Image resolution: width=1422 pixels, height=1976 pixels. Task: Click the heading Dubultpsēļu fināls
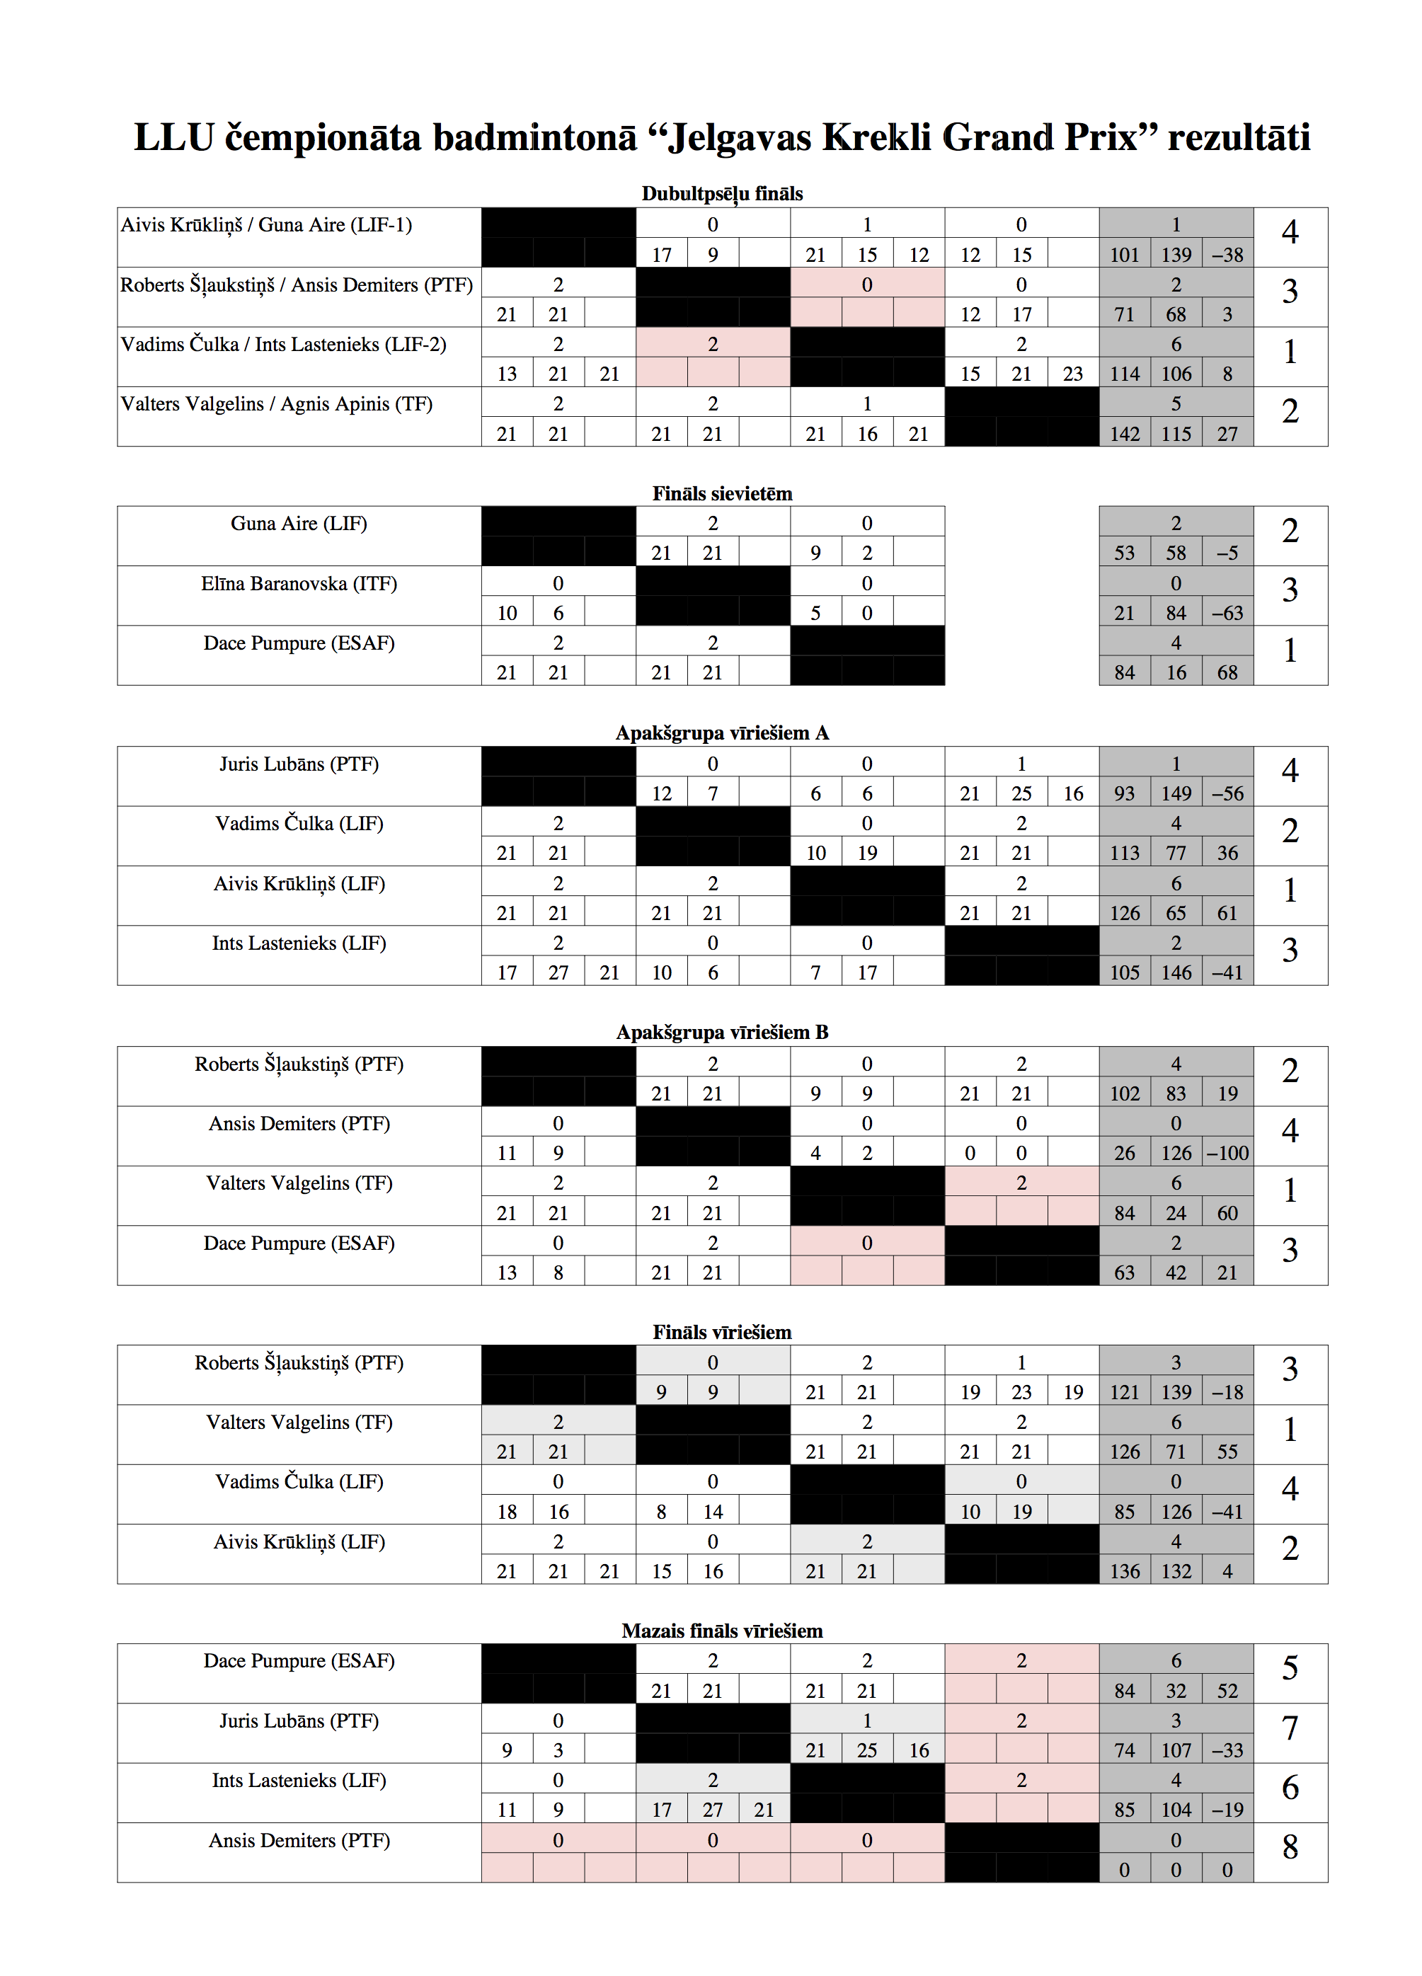click(x=721, y=193)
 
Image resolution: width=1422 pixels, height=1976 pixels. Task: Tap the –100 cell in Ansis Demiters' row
click(x=1227, y=1153)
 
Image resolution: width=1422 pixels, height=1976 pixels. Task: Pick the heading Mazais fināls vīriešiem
click(x=721, y=1630)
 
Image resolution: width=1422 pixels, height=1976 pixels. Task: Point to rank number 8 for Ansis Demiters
click(x=1290, y=1846)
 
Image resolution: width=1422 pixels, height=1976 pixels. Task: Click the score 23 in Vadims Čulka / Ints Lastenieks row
click(x=1072, y=374)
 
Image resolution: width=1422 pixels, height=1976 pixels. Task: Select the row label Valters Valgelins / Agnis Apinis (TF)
click(x=276, y=403)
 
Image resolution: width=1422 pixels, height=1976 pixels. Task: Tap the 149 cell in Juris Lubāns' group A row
click(x=1176, y=793)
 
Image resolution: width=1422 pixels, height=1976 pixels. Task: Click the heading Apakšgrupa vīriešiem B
click(x=721, y=1032)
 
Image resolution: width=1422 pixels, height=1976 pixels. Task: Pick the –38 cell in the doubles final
click(x=1227, y=254)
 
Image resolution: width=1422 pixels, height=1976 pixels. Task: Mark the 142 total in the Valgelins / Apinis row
click(x=1124, y=433)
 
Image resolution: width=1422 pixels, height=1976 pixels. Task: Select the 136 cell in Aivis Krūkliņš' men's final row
click(x=1124, y=1571)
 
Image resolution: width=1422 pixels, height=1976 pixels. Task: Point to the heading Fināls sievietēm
click(x=721, y=493)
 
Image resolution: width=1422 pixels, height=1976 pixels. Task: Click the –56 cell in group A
click(x=1227, y=793)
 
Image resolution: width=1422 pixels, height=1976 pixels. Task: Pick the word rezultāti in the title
click(x=1238, y=137)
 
